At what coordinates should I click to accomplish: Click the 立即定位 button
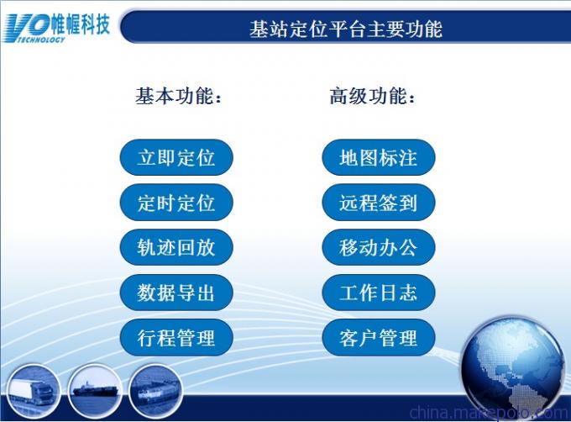[176, 157]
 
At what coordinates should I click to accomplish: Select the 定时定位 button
[176, 203]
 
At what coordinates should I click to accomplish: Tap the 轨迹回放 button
[176, 247]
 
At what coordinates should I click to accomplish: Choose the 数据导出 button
[176, 293]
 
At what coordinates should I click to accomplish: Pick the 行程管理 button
[176, 337]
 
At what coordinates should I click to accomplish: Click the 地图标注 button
[379, 157]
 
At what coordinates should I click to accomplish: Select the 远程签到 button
[379, 203]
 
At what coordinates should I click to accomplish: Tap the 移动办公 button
[379, 247]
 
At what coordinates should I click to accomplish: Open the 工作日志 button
[379, 293]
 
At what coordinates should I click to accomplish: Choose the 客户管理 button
[379, 337]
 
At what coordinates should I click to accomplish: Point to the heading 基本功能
[178, 96]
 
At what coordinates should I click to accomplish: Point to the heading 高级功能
[372, 96]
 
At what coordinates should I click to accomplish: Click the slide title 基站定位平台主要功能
[346, 29]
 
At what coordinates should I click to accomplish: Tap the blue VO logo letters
[28, 24]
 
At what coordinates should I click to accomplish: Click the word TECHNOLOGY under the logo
[41, 39]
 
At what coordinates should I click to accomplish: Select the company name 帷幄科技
[80, 24]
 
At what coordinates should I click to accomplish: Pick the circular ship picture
[94, 391]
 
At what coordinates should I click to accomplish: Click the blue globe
[514, 369]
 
